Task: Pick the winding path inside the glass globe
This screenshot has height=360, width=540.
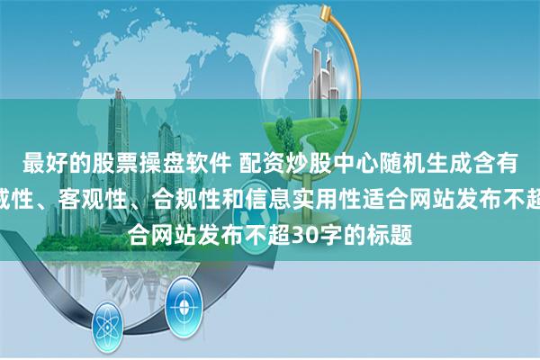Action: (x=378, y=126)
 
